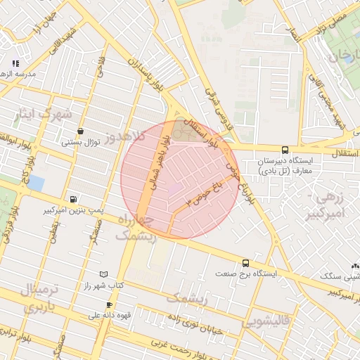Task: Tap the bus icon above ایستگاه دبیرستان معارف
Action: pyautogui.click(x=285, y=150)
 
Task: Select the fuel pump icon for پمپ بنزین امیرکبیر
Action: pyautogui.click(x=74, y=199)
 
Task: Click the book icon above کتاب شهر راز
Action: pyautogui.click(x=104, y=274)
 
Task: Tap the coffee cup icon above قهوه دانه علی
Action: pyautogui.click(x=109, y=304)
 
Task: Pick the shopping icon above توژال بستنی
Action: pyautogui.click(x=81, y=131)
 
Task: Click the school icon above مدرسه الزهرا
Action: pyautogui.click(x=15, y=64)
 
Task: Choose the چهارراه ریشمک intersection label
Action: pyautogui.click(x=131, y=229)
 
